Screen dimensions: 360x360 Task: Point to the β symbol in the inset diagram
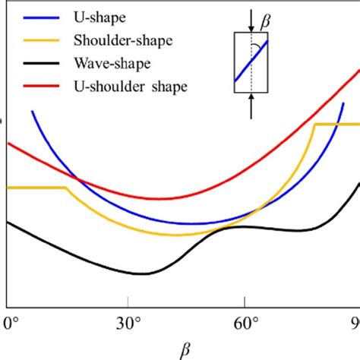coord(265,26)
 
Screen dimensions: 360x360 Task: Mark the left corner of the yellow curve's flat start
coord(8,187)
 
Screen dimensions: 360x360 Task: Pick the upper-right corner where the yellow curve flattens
coord(315,124)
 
